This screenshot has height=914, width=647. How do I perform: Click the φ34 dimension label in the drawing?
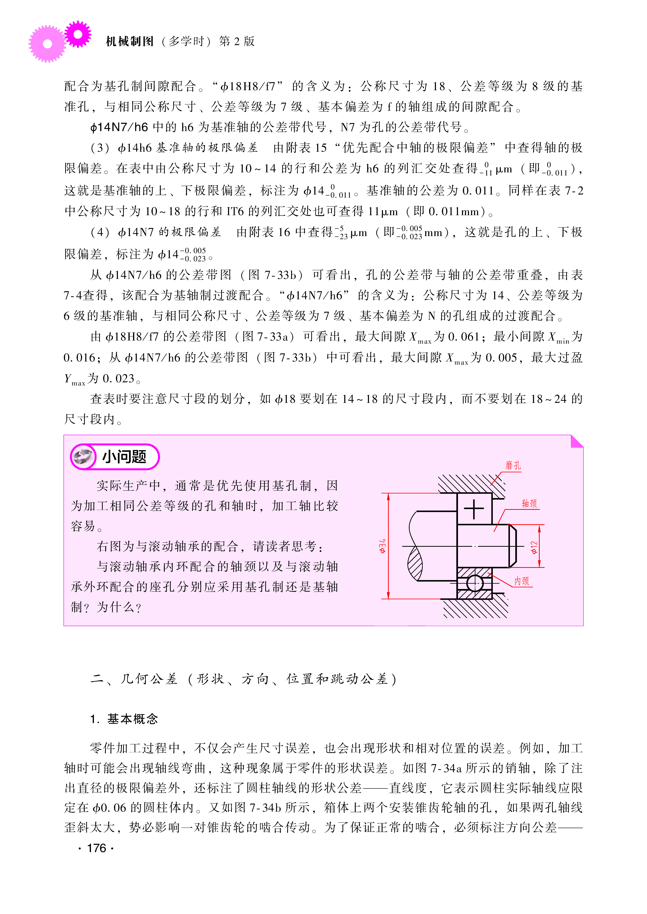383,546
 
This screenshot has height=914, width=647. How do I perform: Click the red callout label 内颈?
522,581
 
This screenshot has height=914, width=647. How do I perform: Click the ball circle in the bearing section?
474,583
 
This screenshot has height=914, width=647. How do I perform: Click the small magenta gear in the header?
78,34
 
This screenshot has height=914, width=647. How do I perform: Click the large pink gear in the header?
47,44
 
